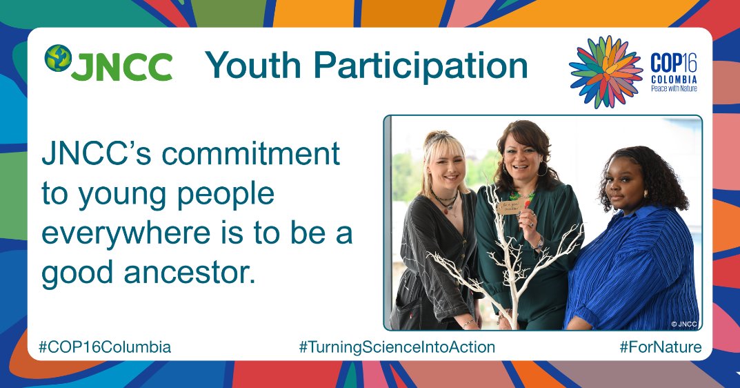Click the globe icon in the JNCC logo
point(59,59)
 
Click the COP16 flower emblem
point(606,72)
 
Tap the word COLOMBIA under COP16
point(674,79)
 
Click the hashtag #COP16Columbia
point(105,347)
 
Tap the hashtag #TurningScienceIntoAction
point(397,347)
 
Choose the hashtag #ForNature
point(660,347)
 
